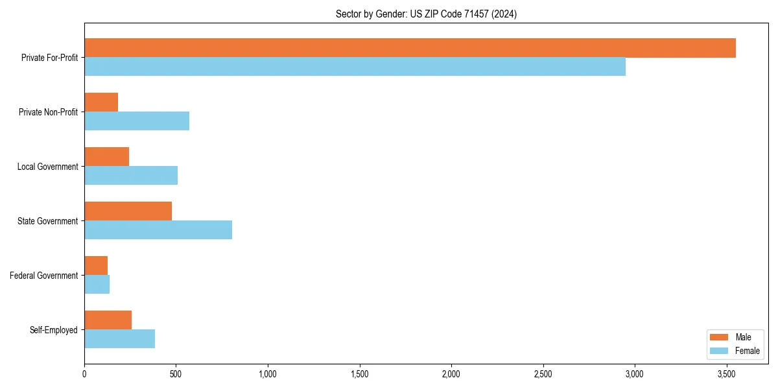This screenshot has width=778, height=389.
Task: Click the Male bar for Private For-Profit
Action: coord(410,48)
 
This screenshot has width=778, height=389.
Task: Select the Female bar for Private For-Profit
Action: coord(355,67)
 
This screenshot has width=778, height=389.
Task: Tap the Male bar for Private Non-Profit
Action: coord(101,102)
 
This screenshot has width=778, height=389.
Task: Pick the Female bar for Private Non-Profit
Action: coord(137,121)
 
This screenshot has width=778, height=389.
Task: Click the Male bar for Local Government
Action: coord(106,157)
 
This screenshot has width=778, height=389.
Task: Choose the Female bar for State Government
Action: coord(158,230)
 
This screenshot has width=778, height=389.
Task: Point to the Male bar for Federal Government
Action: coord(96,266)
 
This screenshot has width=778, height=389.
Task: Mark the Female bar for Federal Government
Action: coord(97,285)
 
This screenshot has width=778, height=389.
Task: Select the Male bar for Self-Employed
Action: coord(108,320)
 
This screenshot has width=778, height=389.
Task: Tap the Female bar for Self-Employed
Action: coord(119,339)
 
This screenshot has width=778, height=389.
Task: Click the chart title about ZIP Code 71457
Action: coord(426,14)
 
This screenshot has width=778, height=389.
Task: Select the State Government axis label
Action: coord(47,221)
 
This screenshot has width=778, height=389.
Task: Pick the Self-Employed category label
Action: coord(53,330)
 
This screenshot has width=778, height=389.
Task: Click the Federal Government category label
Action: coord(43,276)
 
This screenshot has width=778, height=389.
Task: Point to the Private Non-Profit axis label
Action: coord(49,112)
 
